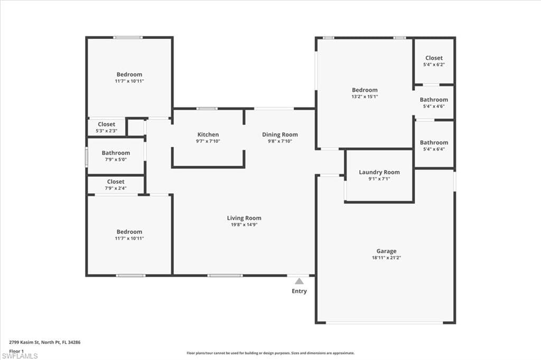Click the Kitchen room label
tap(208, 135)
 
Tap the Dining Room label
tap(280, 135)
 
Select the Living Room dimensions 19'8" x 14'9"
tap(244, 224)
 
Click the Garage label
tap(386, 251)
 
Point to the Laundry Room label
tap(379, 172)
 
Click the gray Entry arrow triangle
tap(299, 281)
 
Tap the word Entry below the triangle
tap(299, 291)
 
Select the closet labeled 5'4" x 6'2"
tap(434, 61)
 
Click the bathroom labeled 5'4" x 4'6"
tap(434, 102)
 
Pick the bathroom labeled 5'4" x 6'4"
tap(434, 145)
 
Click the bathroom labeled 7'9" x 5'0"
tap(116, 156)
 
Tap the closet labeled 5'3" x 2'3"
tap(106, 127)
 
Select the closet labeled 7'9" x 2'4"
tap(116, 184)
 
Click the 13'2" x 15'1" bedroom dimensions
tap(365, 97)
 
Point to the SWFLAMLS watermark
tap(20, 356)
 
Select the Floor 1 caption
tap(17, 350)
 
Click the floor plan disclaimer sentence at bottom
tap(270, 353)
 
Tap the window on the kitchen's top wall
tap(207, 109)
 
